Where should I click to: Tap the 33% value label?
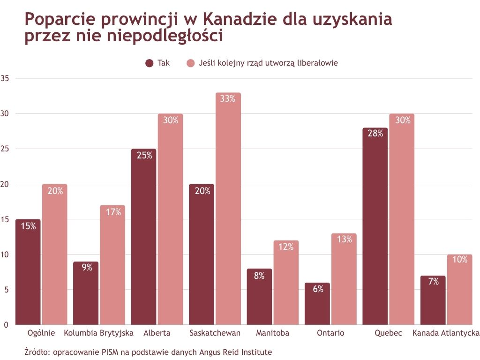click(x=228, y=99)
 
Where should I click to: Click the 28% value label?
click(x=375, y=134)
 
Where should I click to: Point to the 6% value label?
click(x=317, y=289)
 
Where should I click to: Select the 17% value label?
click(x=112, y=212)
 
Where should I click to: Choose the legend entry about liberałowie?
click(x=262, y=63)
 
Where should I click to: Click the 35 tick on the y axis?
click(x=5, y=78)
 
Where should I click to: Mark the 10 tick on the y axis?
click(x=5, y=255)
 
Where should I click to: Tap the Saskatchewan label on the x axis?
click(x=215, y=333)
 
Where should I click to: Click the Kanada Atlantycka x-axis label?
click(x=446, y=333)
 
